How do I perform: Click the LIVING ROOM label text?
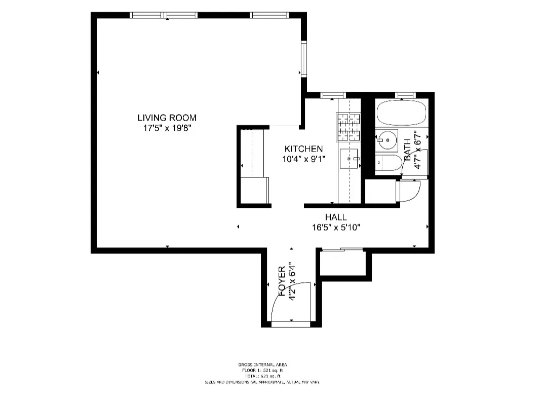pyautogui.click(x=167, y=118)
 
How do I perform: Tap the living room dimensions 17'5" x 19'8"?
pyautogui.click(x=167, y=128)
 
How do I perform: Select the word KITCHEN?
pyautogui.click(x=303, y=149)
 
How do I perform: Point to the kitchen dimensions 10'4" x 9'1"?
pyautogui.click(x=303, y=159)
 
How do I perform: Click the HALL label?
pyautogui.click(x=336, y=217)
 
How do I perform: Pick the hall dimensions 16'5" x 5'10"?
pyautogui.click(x=336, y=228)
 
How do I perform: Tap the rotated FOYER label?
pyautogui.click(x=282, y=281)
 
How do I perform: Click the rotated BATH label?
pyautogui.click(x=408, y=151)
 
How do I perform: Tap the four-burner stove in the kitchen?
pyautogui.click(x=348, y=127)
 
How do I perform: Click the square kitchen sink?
pyautogui.click(x=349, y=158)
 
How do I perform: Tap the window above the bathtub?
pyautogui.click(x=405, y=95)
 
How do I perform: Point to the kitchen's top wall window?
pyautogui.click(x=333, y=95)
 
